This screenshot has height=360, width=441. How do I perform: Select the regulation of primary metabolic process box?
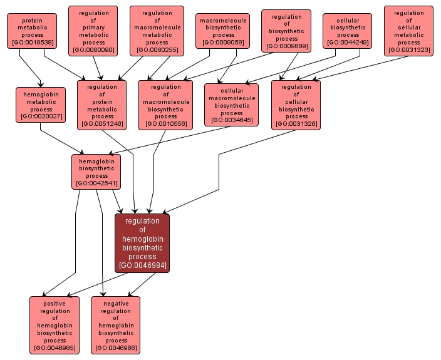click(94, 31)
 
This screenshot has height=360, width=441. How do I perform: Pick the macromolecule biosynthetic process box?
click(223, 31)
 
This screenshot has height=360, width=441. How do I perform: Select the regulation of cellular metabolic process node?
click(408, 31)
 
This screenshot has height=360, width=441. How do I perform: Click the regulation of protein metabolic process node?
click(102, 105)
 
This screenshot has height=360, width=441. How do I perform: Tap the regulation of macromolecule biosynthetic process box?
click(165, 105)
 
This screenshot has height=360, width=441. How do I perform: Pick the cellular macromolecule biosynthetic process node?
click(231, 105)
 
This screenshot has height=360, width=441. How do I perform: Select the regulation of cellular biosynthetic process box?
click(296, 105)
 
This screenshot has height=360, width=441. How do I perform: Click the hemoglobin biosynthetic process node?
click(96, 172)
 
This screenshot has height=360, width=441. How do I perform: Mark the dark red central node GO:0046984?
click(142, 243)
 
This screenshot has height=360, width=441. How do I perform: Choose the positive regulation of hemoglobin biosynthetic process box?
click(55, 326)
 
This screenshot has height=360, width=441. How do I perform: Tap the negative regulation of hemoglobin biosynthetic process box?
click(116, 326)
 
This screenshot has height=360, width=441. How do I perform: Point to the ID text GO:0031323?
click(408, 49)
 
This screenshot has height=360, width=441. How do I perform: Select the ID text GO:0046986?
click(116, 348)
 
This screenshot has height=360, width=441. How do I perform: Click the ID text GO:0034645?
click(231, 120)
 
